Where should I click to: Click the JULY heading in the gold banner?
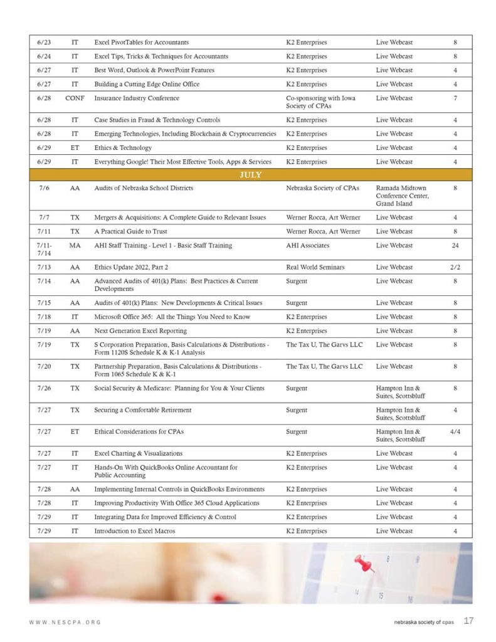pyautogui.click(x=250, y=175)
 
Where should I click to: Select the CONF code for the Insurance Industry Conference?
pyautogui.click(x=75, y=98)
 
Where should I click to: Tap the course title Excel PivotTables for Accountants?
pyautogui.click(x=141, y=43)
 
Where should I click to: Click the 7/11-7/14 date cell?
pyautogui.click(x=44, y=250)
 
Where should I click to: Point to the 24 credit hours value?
pyautogui.click(x=455, y=246)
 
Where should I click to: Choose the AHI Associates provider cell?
pyautogui.click(x=307, y=246)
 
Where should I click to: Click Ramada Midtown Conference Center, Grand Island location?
pyautogui.click(x=401, y=196)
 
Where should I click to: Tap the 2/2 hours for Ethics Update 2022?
pyautogui.click(x=455, y=268)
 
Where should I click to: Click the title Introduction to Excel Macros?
pyautogui.click(x=134, y=531)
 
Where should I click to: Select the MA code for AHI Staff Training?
pyautogui.click(x=75, y=246)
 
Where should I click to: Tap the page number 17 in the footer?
pyautogui.click(x=468, y=621)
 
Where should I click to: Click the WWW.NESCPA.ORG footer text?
pyautogui.click(x=65, y=622)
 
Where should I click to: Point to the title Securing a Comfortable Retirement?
pyautogui.click(x=143, y=410)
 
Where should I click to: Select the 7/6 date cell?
pyautogui.click(x=44, y=188)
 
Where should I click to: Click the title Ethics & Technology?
pyautogui.click(x=123, y=148)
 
